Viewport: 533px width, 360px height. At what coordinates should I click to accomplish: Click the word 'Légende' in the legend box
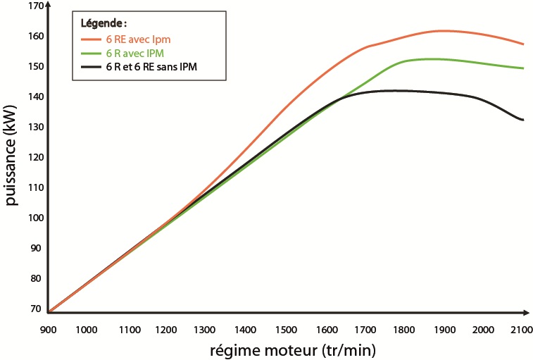[x=103, y=23]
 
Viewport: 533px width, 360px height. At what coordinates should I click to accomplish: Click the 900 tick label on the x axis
[x=47, y=330]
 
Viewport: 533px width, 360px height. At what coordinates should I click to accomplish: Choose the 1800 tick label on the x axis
[x=403, y=330]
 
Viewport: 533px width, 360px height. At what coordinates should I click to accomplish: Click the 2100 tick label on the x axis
[x=520, y=330]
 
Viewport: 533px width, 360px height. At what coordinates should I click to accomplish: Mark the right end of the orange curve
[x=523, y=44]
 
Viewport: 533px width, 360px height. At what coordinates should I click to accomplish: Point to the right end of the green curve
[x=523, y=68]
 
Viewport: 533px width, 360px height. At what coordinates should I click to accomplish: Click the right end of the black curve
[x=522, y=120]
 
